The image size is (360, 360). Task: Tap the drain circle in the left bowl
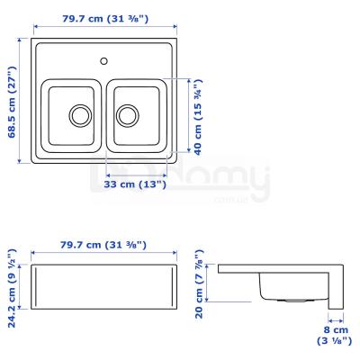(x=80, y=115)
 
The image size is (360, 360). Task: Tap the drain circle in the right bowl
(x=129, y=115)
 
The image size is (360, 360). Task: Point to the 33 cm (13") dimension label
(x=137, y=185)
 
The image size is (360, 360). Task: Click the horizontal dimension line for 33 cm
(x=137, y=175)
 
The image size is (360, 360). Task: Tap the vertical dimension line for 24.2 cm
(x=22, y=288)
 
